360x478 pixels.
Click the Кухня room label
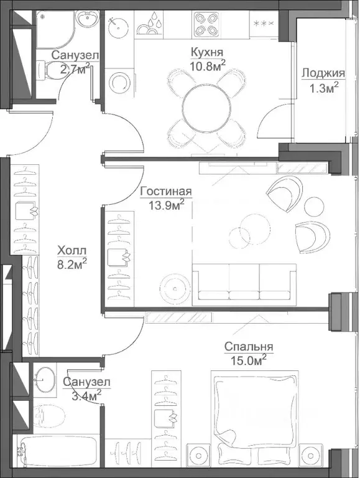[207, 52]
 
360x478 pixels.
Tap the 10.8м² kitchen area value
[208, 65]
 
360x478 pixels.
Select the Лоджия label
[323, 73]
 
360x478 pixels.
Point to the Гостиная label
[166, 192]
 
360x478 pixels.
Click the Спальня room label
[249, 347]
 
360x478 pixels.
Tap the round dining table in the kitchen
[206, 109]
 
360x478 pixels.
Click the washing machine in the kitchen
[119, 82]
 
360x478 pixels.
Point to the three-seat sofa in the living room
[244, 284]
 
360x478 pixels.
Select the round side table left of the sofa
[175, 288]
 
